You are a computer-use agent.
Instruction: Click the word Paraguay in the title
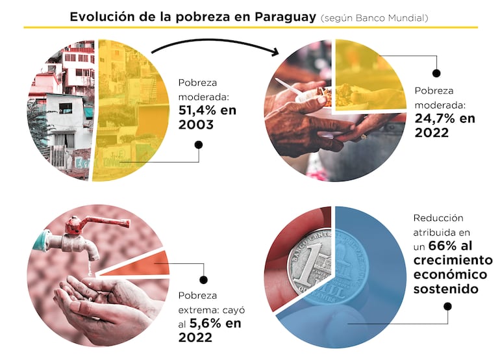(282, 16)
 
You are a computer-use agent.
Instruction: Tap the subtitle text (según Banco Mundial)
(374, 18)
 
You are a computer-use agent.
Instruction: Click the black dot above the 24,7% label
(436, 74)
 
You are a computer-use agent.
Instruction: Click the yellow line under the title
(250, 27)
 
